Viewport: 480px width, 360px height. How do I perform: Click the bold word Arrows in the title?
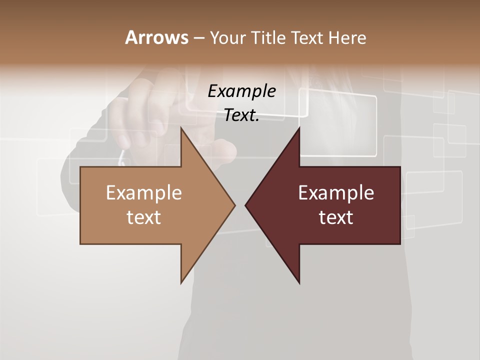point(156,37)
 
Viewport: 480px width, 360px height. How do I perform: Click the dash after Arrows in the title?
point(198,38)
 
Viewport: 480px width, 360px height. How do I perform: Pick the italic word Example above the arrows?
point(241,91)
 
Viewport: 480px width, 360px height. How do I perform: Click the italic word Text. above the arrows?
point(241,115)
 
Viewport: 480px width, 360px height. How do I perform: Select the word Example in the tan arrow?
point(144,192)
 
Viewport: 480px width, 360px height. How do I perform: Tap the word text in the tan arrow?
point(144,217)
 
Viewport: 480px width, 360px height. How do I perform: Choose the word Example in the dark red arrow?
point(336,192)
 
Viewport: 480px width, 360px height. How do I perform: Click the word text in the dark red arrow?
point(336,217)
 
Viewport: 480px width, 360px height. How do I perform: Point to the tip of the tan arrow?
point(234,205)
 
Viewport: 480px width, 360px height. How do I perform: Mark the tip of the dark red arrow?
point(246,205)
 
